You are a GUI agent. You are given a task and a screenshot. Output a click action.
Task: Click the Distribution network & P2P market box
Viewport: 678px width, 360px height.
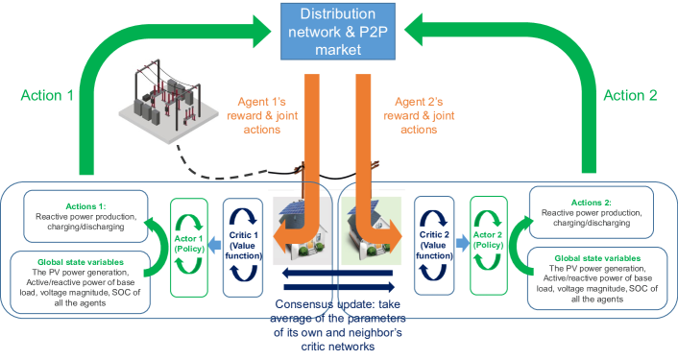[339, 32]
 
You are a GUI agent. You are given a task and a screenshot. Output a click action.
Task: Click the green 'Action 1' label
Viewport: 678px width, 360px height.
[47, 96]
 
